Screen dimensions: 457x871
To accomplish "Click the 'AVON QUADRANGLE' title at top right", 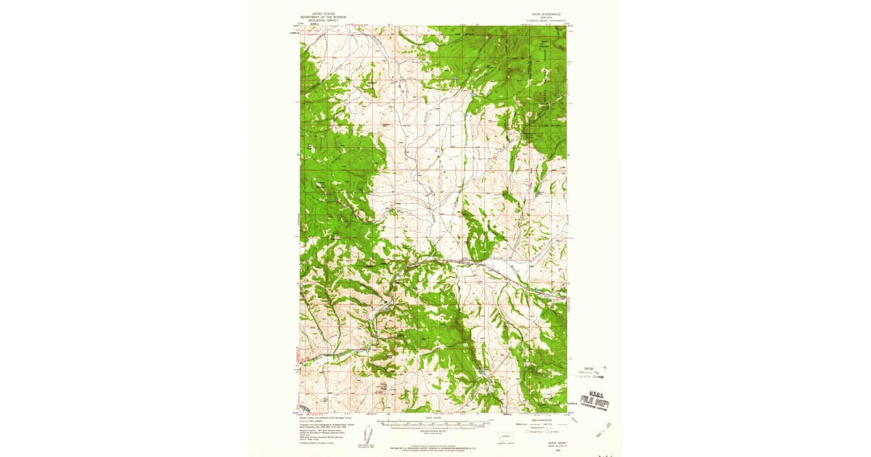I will [540, 14].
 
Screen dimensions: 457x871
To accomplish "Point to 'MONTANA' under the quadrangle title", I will [540, 18].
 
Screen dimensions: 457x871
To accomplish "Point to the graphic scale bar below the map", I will [433, 424].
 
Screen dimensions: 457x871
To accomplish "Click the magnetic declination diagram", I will [367, 434].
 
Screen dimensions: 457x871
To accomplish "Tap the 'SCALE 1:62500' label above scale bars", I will [433, 417].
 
